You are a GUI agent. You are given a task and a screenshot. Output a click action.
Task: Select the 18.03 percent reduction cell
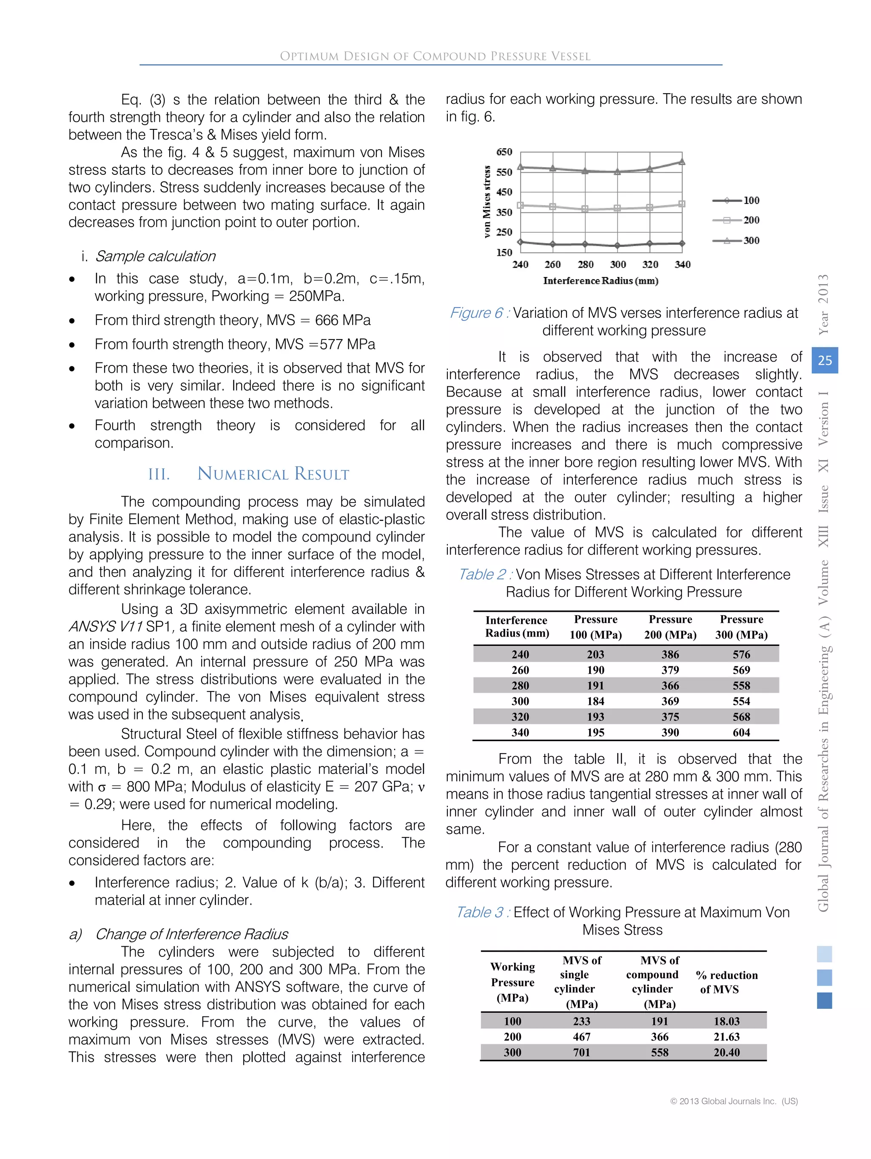pyautogui.click(x=726, y=1021)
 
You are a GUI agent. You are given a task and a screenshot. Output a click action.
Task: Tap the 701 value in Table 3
pyautogui.click(x=581, y=1052)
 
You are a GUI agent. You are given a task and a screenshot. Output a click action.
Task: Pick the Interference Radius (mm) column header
pyautogui.click(x=516, y=626)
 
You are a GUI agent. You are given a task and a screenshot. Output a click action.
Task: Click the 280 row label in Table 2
pyautogui.click(x=520, y=685)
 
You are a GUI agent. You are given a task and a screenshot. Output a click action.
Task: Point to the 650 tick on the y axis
pyautogui.click(x=504, y=152)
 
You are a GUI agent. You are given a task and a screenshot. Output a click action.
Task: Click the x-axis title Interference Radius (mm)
pyautogui.click(x=600, y=281)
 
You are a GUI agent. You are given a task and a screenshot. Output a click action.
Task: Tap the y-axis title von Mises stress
pyautogui.click(x=487, y=202)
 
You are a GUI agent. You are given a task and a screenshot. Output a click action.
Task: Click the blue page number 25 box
pyautogui.click(x=824, y=360)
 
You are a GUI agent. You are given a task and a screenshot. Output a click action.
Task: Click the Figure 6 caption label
pyautogui.click(x=479, y=313)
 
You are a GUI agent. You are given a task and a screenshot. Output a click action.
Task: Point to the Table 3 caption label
pyautogui.click(x=482, y=912)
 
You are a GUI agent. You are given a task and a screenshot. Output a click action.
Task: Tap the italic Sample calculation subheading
pyautogui.click(x=155, y=256)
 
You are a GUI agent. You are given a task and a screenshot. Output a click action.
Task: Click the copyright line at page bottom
pyautogui.click(x=733, y=1101)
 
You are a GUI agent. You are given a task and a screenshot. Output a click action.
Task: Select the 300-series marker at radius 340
pyautogui.click(x=682, y=161)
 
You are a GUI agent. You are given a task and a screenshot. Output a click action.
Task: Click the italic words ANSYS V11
pyautogui.click(x=106, y=627)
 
